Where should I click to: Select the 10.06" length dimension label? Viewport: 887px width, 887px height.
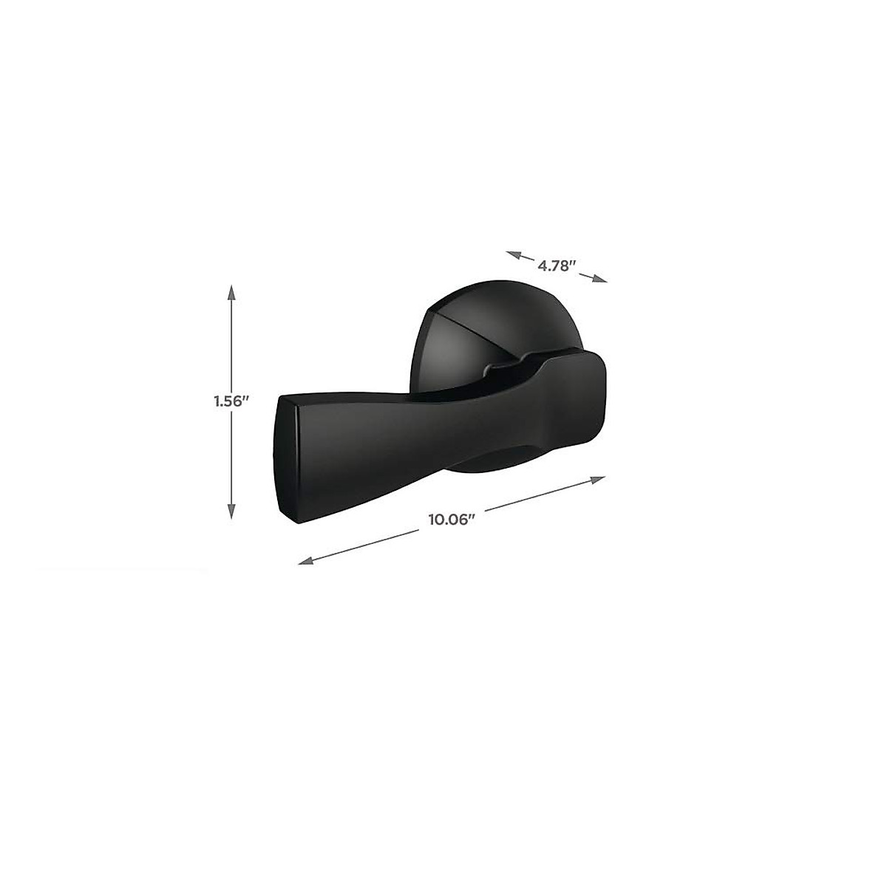(x=450, y=519)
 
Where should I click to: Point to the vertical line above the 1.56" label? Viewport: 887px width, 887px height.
(x=231, y=340)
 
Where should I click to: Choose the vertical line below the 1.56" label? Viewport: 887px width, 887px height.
(x=231, y=462)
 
